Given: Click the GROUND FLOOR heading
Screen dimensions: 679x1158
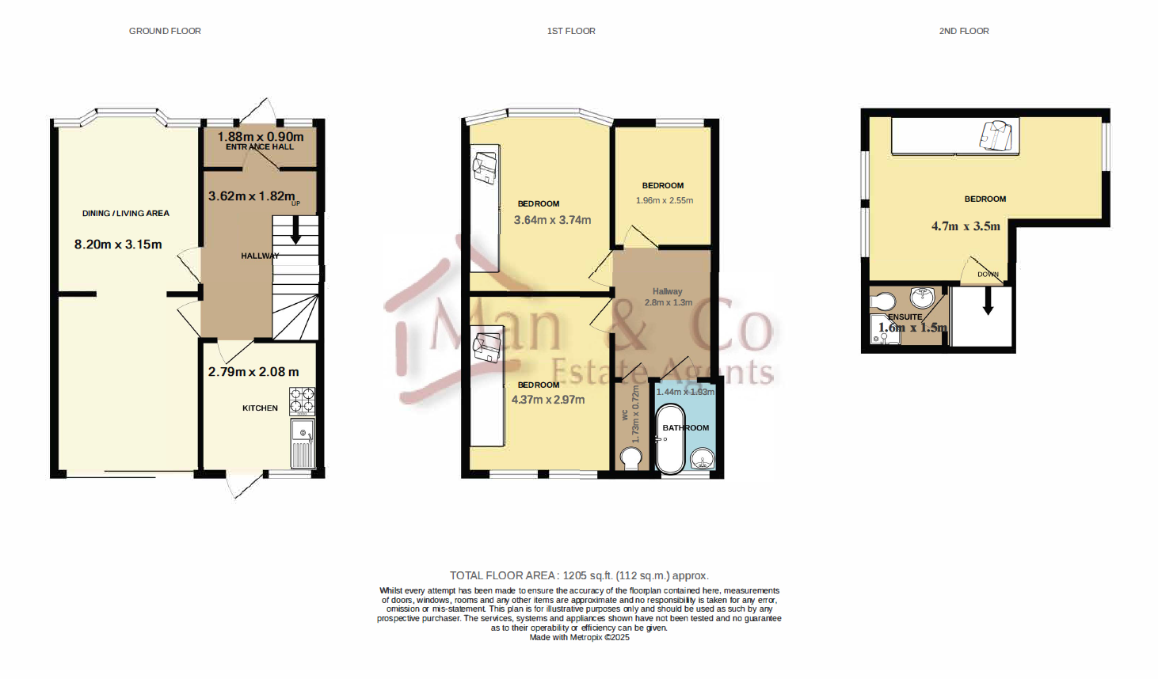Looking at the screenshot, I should pos(165,31).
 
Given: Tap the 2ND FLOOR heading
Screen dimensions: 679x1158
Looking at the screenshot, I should pos(963,31).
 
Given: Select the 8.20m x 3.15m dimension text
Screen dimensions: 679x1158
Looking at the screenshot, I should pos(118,245).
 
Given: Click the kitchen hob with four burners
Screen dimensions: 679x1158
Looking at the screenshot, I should pos(302,401).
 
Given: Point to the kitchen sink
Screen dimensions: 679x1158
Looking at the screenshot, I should pos(303,433).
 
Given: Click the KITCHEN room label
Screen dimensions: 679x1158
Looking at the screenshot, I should pos(260,408).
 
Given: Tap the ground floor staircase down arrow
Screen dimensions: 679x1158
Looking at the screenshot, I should pos(295,233).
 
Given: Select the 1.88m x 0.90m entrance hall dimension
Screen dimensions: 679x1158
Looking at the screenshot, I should pos(261,137).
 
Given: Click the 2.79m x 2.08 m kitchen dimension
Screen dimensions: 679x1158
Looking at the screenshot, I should pos(253,372).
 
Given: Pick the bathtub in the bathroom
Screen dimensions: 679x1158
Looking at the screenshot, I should pos(670,439).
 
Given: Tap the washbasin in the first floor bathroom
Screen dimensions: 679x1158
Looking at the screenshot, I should pos(702,458).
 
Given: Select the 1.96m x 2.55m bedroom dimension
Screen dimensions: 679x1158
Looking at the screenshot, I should pos(664,200).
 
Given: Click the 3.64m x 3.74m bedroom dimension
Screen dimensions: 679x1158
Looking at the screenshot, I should pos(552,220).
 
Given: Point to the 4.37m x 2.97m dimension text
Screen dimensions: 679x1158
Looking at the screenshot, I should pos(548,400).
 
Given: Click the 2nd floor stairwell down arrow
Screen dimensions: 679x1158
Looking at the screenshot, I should pos(988,302).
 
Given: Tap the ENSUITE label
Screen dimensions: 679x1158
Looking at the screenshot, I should pos(905,317).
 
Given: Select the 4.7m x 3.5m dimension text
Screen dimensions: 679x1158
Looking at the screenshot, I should pos(966,226).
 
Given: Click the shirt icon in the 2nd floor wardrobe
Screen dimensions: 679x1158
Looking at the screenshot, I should pos(996,135).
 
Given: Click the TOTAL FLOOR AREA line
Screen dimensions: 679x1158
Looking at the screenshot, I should pos(579,575).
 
